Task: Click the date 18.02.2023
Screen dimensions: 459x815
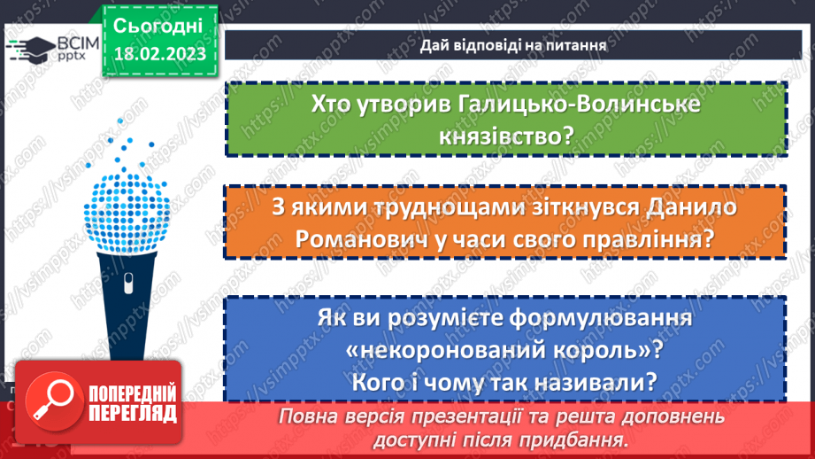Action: (x=158, y=54)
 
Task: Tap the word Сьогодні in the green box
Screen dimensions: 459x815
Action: (x=158, y=24)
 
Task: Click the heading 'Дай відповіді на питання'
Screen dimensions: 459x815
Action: (x=505, y=44)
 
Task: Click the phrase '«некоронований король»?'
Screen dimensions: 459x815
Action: (x=507, y=348)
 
